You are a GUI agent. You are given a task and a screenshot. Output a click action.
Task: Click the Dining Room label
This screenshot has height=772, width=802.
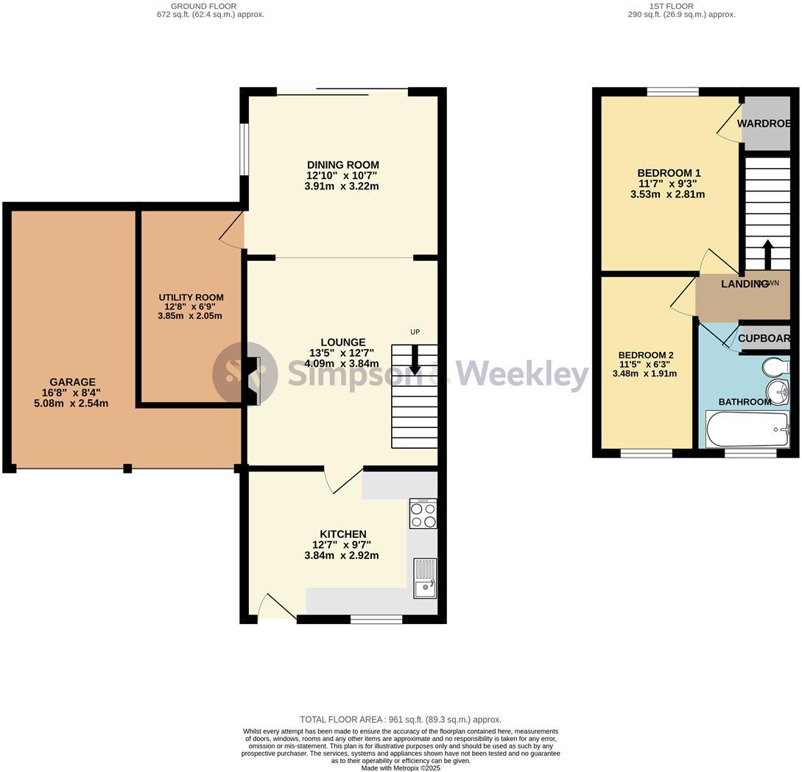pos(342,164)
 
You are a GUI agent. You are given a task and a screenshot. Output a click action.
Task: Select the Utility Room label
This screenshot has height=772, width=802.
pos(191,298)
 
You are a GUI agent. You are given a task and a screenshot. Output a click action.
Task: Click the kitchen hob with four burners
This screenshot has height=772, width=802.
pos(423,514)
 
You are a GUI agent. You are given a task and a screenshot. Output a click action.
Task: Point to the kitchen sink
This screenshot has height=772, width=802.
pos(425,578)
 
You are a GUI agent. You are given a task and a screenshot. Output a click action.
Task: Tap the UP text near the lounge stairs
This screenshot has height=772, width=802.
pos(415,332)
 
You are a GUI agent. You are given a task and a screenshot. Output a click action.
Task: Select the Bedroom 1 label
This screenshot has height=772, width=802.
pos(669,173)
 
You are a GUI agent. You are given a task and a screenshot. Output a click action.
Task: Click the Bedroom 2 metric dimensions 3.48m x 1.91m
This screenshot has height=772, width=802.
pos(644,373)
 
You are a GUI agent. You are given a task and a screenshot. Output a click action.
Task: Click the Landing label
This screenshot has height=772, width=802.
pos(744,284)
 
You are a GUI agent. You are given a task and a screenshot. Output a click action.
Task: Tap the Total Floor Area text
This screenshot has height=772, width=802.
pos(401,720)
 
